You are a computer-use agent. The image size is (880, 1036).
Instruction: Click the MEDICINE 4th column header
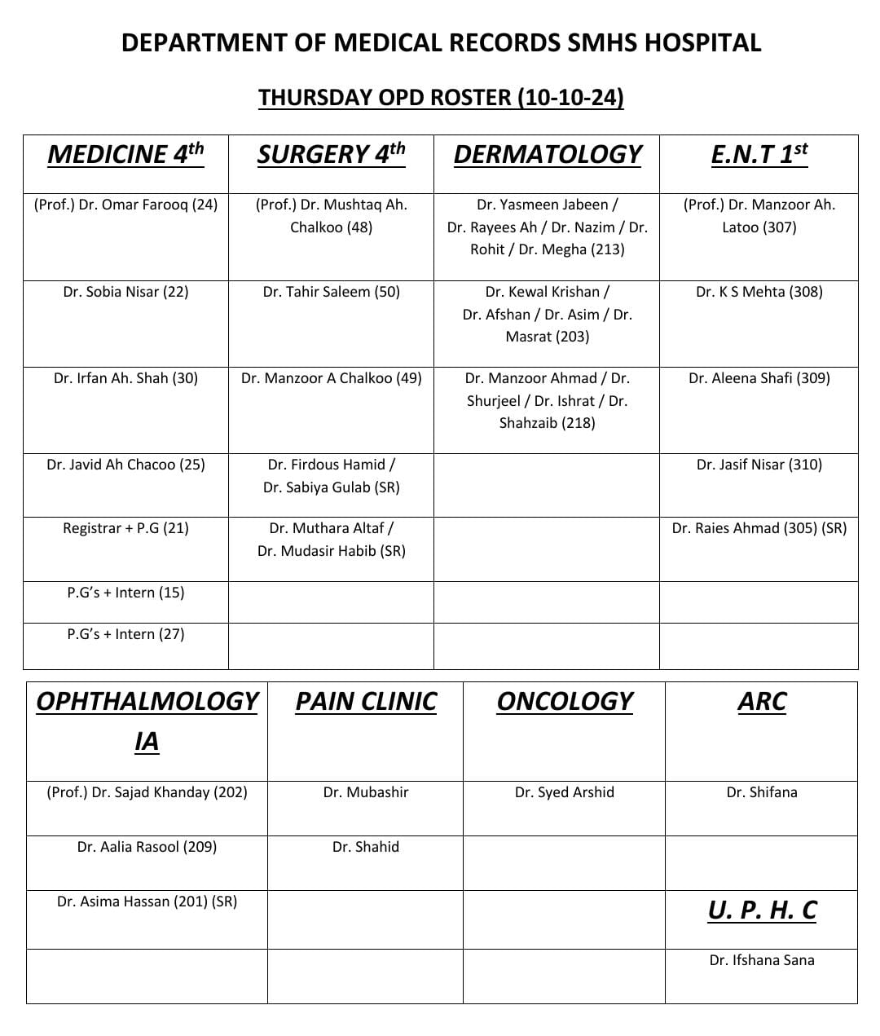pos(125,154)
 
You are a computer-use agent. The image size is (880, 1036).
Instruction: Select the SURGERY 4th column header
pos(331,154)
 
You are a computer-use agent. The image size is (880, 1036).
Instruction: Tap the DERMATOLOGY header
pos(547,154)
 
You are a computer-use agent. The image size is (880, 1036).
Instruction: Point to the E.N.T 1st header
pos(759,154)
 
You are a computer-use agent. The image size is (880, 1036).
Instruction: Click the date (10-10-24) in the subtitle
pos(570,98)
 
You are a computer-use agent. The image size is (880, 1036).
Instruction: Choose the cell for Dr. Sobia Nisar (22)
pos(125,292)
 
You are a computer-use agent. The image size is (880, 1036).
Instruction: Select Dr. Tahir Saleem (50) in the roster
pos(331,292)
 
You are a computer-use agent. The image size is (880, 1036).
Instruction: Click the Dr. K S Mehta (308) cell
pos(759,292)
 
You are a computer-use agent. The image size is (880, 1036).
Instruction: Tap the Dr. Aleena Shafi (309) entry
pos(759,378)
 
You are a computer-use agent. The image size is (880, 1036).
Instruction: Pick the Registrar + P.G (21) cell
pos(125,528)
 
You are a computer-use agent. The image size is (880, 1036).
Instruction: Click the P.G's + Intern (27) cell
pos(125,634)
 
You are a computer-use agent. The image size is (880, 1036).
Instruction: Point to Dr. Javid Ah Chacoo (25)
pos(125,465)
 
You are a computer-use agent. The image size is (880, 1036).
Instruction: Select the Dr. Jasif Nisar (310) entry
pos(759,465)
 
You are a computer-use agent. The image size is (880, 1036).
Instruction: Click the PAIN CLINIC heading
pos(366,702)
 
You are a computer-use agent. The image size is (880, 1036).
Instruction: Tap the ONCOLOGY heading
pos(564,702)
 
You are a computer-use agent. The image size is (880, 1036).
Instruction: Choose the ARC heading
pos(761,702)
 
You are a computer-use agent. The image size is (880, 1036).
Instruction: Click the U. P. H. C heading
pos(761,910)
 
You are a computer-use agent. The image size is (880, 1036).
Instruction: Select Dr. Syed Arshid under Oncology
pos(564,792)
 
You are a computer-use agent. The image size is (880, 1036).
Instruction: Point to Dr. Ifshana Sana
pos(761,960)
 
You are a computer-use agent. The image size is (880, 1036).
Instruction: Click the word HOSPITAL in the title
pos(702,42)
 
